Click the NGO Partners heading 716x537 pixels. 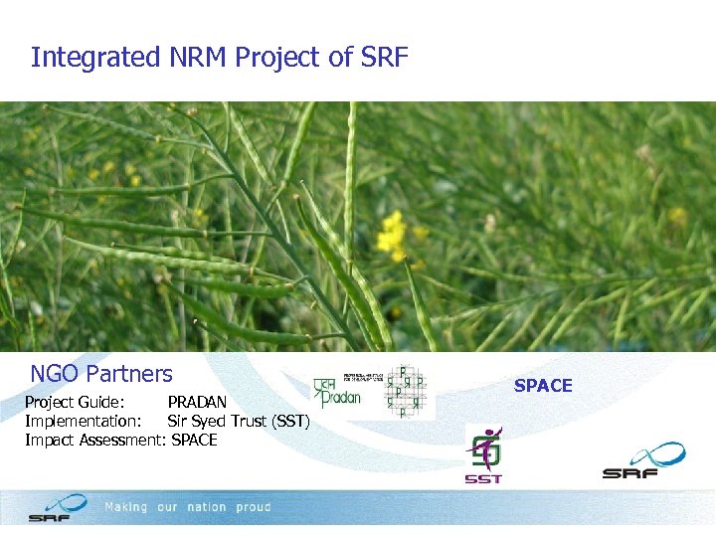pos(101,375)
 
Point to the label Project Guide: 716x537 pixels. pos(75,403)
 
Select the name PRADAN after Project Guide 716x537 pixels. pos(197,403)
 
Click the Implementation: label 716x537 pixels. pos(83,422)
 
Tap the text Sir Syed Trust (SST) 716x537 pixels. pos(239,422)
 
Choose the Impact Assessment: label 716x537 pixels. pos(94,440)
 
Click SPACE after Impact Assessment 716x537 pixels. pos(194,440)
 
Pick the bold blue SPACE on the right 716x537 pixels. pos(543,386)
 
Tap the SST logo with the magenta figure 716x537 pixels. pos(484,454)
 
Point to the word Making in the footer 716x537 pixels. pos(125,507)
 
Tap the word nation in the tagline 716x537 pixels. pos(206,507)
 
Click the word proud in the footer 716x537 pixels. pos(254,507)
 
